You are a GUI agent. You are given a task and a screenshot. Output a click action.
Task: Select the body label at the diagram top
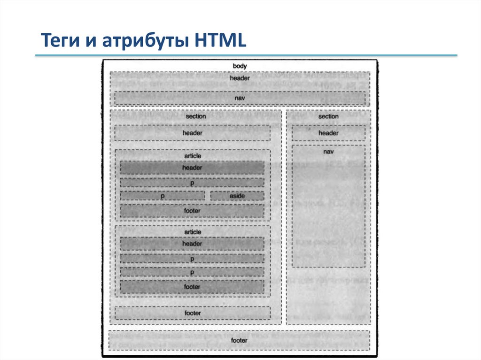240,66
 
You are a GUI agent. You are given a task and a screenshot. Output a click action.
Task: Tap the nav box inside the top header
240,98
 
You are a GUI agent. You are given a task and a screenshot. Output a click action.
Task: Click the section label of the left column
195,116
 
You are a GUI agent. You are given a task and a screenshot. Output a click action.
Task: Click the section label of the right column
328,116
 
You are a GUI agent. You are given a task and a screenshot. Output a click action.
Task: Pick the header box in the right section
328,133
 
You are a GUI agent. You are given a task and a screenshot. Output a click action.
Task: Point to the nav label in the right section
328,152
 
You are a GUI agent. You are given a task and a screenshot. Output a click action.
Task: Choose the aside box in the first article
237,196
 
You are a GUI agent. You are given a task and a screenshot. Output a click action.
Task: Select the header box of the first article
192,168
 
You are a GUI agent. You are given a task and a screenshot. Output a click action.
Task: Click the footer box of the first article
192,211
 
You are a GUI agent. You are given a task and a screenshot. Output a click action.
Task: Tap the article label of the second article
192,232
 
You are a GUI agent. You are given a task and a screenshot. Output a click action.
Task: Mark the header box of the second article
192,244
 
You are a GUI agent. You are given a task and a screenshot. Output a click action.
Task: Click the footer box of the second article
192,286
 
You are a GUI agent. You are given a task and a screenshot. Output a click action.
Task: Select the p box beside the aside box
163,196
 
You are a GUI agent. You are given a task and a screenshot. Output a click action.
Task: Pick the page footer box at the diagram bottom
239,340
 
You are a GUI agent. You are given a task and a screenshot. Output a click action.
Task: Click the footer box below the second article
192,313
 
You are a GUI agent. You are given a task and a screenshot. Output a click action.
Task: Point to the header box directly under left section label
192,133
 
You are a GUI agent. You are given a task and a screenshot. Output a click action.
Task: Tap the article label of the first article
192,155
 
